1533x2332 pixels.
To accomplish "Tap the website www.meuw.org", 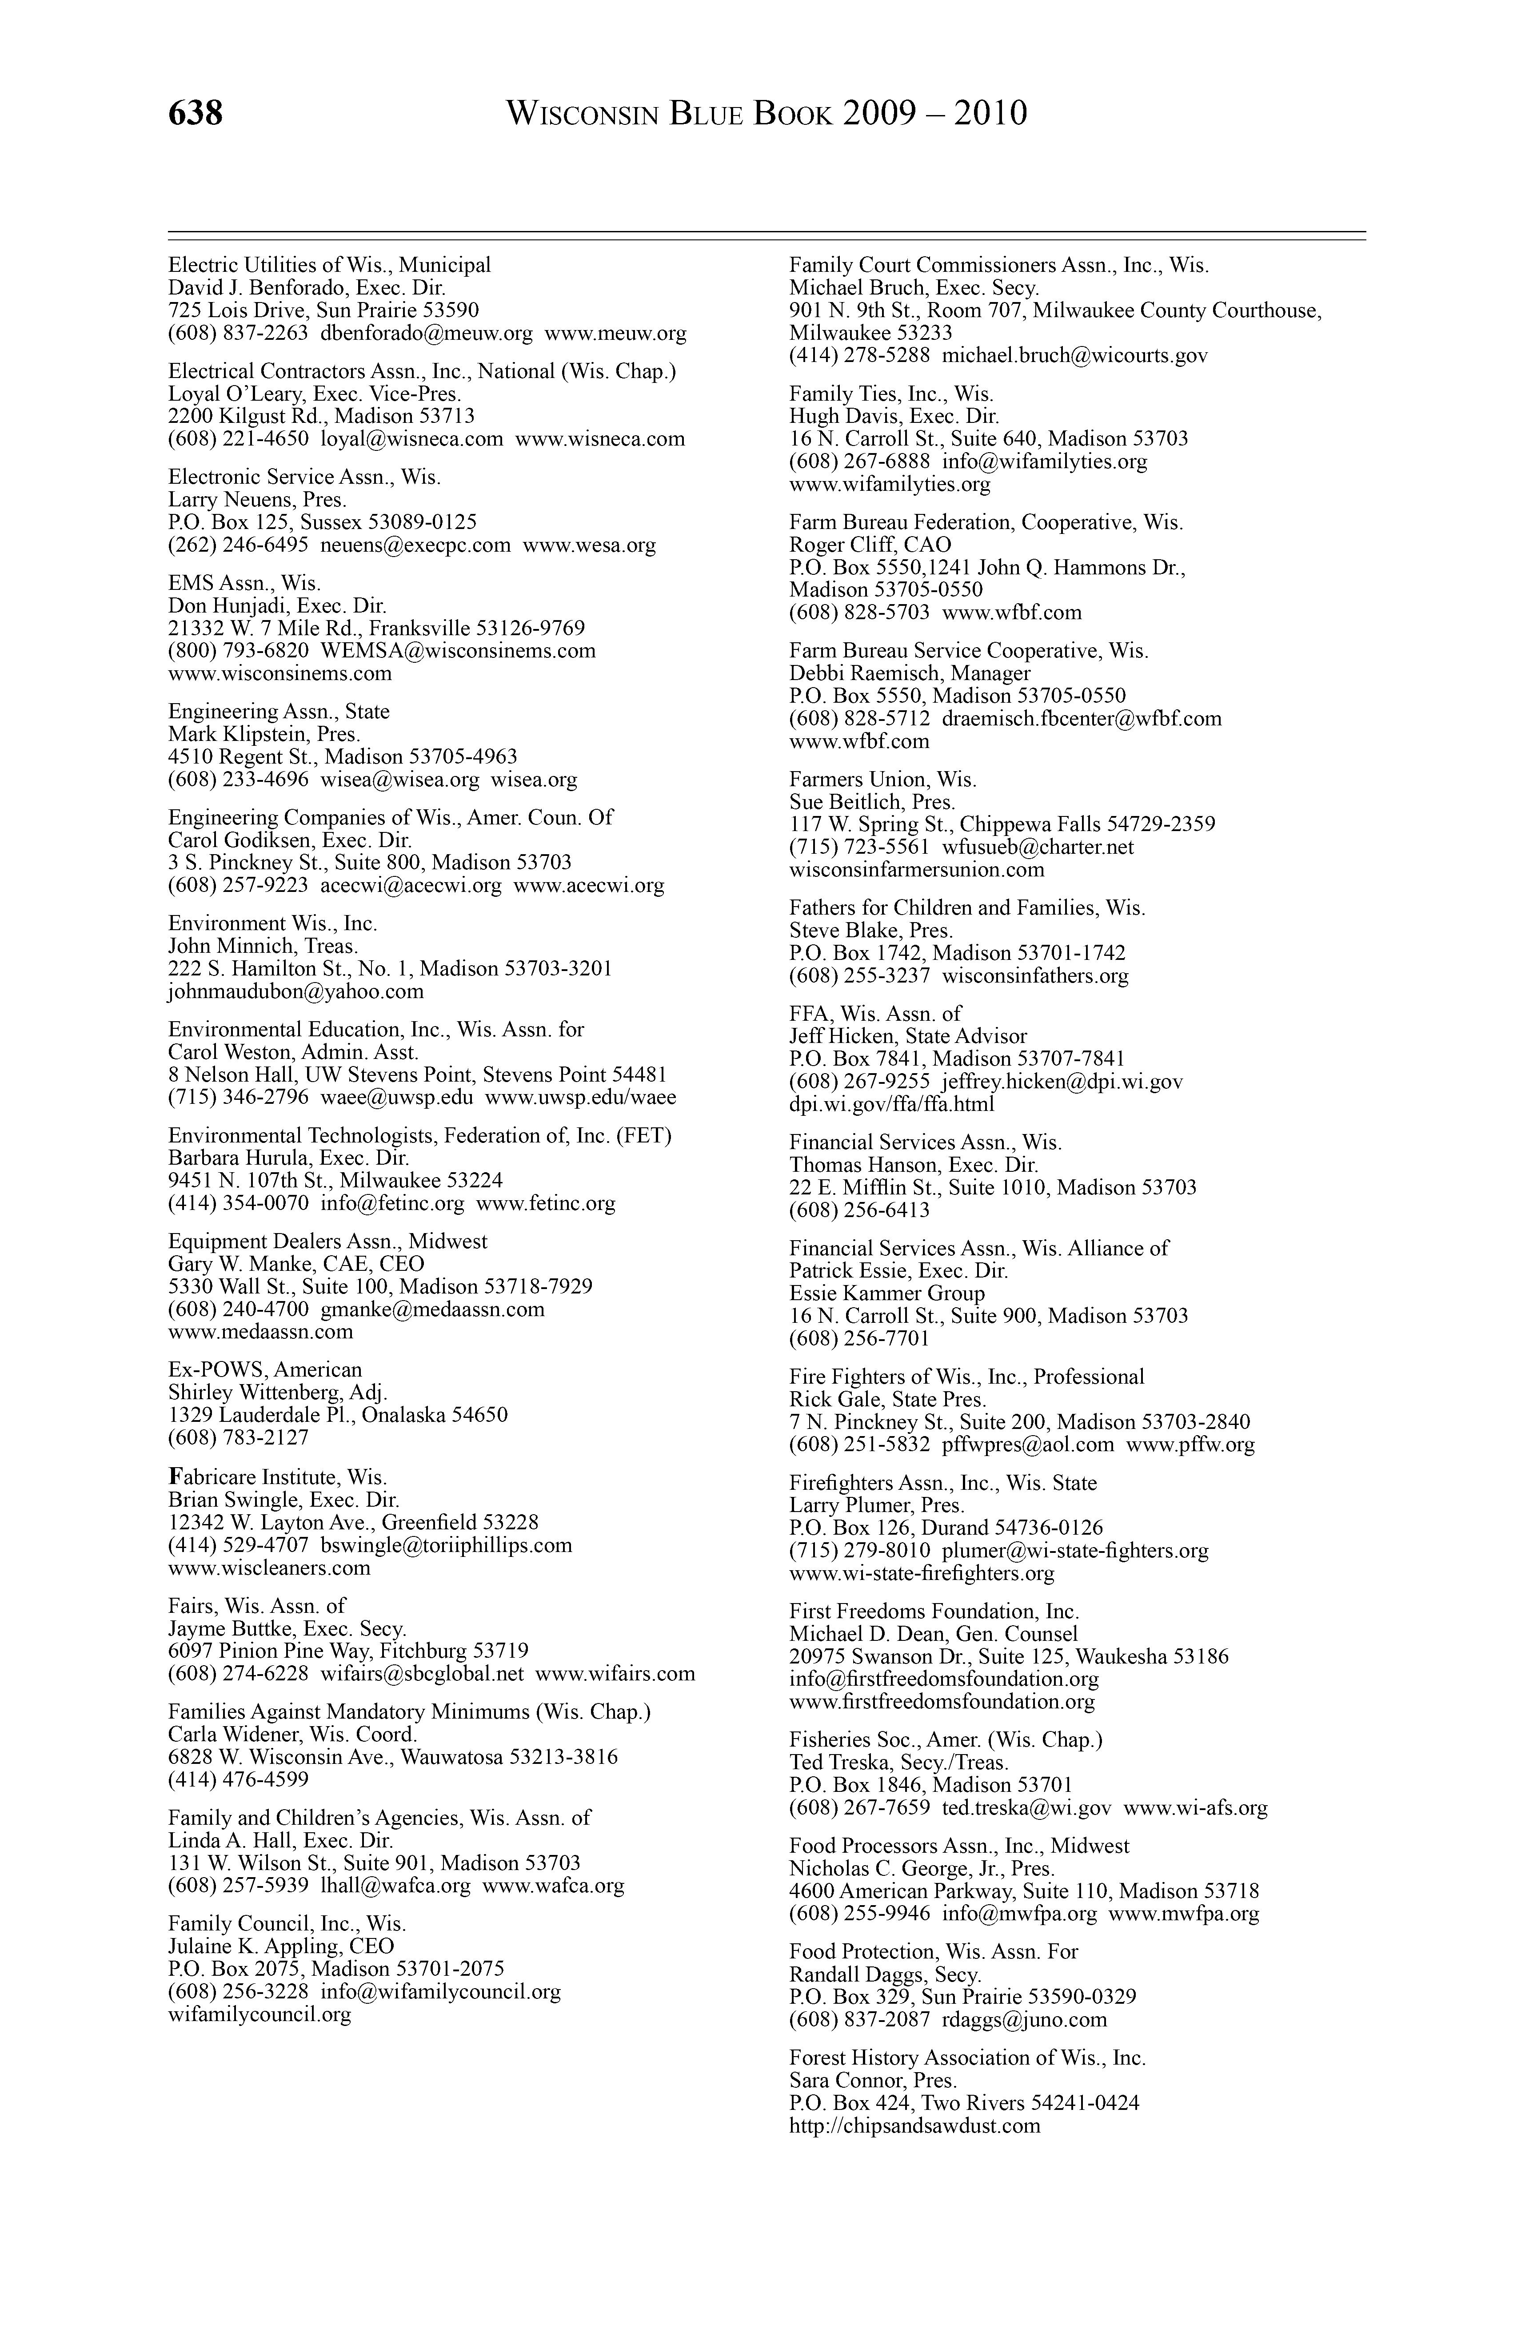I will coord(615,333).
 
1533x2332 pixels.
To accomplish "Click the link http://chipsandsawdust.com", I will coord(914,2126).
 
